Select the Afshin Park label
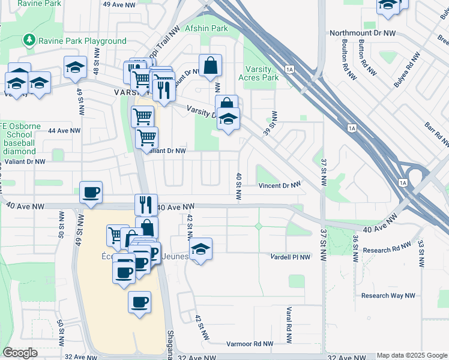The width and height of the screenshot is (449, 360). coord(206,28)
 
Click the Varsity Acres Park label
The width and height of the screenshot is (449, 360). coord(259,73)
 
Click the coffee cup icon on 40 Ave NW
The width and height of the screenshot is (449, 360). coord(91,193)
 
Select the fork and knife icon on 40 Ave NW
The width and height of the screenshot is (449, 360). coord(146,205)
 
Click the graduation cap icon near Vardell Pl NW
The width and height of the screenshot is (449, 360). coord(200,249)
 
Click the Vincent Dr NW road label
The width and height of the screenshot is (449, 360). coord(279,185)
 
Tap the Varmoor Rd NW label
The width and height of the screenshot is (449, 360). coord(250,344)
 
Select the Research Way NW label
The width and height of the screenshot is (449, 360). coord(388,295)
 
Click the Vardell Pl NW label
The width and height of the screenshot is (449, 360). coord(290,257)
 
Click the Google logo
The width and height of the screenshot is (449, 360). coord(20,353)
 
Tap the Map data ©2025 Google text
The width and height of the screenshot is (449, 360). coord(412,356)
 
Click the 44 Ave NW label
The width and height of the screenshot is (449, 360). coord(64,130)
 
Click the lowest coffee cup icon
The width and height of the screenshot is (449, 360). coord(139,301)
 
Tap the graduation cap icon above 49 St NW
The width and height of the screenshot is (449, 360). coord(76,67)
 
